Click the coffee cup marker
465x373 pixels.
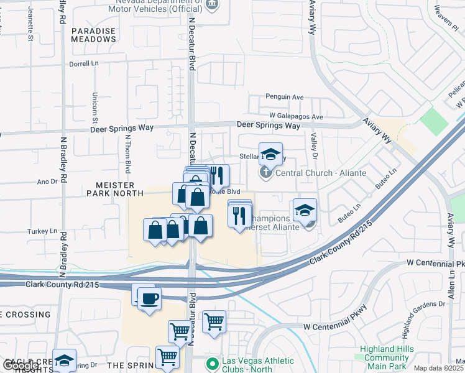[149, 299]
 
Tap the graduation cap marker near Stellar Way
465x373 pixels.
[270, 154]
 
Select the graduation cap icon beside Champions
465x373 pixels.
[305, 210]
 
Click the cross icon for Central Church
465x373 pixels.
[265, 172]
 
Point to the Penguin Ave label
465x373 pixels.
[284, 97]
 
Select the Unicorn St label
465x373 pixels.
[95, 106]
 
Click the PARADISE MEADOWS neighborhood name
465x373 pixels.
[93, 35]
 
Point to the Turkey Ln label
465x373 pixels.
[42, 231]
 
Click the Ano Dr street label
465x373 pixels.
[47, 182]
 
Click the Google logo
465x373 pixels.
[21, 366]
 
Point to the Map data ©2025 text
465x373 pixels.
[438, 368]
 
